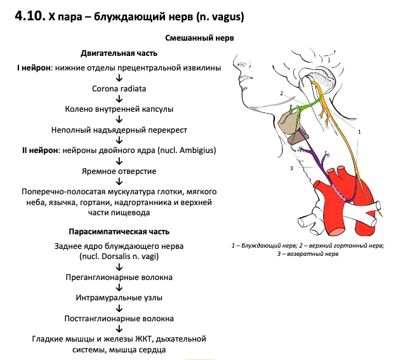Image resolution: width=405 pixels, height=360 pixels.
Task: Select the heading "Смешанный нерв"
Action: point(199,38)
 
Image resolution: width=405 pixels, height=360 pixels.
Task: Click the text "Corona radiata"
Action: point(119,88)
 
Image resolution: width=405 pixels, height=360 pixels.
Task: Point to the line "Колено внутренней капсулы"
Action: point(119,109)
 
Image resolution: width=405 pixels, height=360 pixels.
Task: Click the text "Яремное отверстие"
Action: point(119,171)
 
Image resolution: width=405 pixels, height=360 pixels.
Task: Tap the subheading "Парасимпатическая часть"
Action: point(119,232)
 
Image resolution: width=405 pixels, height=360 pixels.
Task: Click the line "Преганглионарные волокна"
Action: point(119,277)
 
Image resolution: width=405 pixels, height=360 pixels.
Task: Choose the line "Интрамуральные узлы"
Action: point(119,298)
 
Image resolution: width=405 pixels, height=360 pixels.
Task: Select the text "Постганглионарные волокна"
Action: point(119,318)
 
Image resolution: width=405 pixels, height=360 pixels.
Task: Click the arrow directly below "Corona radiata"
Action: point(119,99)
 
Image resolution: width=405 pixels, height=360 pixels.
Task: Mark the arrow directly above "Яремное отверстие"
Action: point(119,161)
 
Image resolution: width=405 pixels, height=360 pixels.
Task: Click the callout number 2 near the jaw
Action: point(280,93)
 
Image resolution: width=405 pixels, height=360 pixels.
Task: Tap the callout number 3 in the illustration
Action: point(291,168)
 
